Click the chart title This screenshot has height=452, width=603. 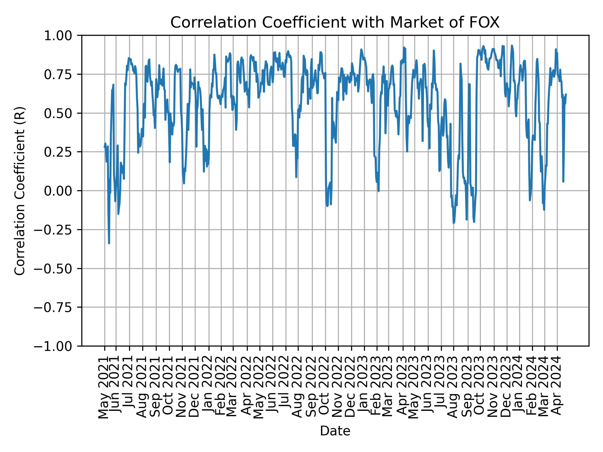point(335,23)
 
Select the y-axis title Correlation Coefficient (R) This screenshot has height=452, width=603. point(20,191)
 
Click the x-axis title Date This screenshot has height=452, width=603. point(335,431)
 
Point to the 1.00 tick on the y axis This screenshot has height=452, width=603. point(62,35)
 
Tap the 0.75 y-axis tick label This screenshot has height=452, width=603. point(62,74)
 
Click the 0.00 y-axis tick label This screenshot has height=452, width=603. point(62,191)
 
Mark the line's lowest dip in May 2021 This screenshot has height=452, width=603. point(109,243)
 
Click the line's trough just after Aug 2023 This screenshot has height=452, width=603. point(454,223)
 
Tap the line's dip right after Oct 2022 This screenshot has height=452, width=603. point(327,206)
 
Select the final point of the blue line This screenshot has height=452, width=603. point(566,94)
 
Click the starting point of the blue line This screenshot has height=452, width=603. point(105,147)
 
